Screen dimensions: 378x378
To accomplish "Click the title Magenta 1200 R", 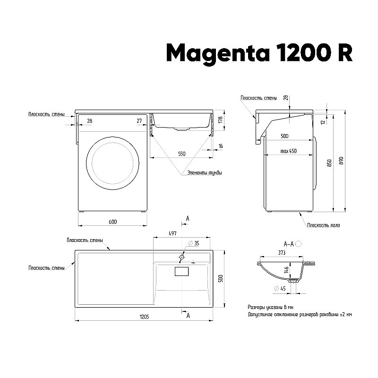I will point(259,53).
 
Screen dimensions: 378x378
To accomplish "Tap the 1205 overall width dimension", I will point(145,316).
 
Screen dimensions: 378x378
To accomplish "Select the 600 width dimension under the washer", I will point(112,222).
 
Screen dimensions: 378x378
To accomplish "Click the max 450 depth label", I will point(288,151).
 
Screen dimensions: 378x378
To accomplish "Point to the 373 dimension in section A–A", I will point(282,253).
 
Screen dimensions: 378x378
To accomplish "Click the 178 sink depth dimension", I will point(227,121).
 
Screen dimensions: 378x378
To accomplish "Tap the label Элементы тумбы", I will point(204,173).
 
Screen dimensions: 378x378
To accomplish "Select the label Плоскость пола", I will point(323,225).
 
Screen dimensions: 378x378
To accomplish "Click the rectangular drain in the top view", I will point(181,271).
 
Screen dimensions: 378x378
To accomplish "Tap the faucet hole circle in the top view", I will point(182,257).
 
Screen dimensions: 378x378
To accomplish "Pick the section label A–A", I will point(289,244).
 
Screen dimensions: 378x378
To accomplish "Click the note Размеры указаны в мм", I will point(270,307).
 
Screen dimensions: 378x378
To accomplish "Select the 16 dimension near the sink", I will point(221,146).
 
